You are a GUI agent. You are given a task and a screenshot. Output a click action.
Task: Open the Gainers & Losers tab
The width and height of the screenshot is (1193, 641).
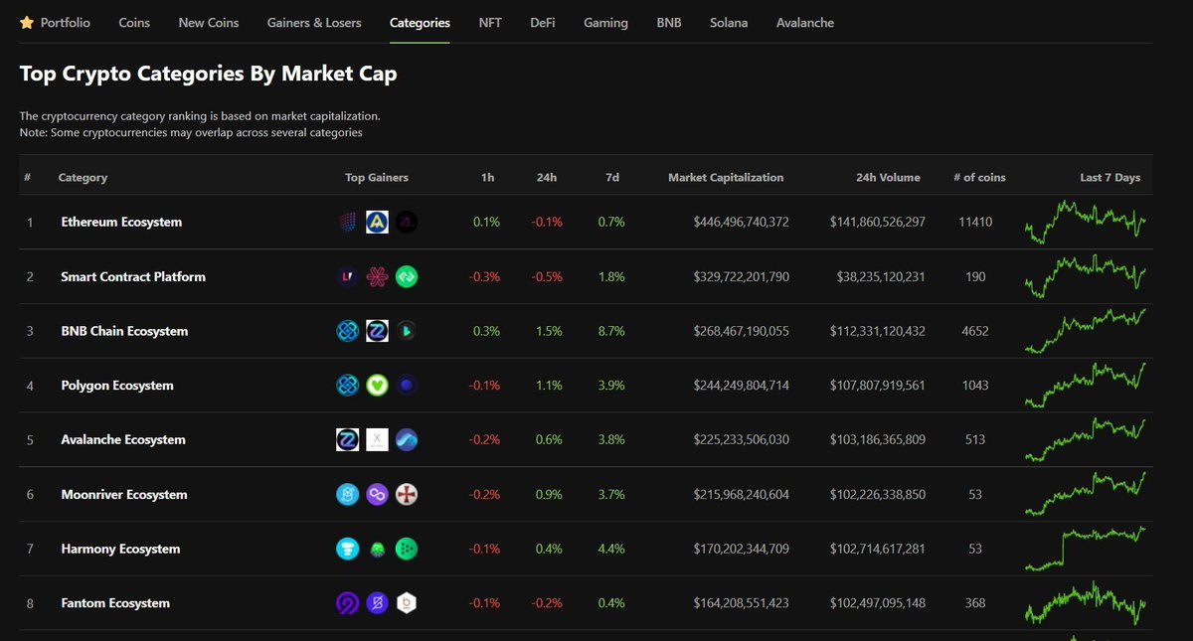coord(314,22)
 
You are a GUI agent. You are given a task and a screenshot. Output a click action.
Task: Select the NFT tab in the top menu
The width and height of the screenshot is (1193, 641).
coord(490,22)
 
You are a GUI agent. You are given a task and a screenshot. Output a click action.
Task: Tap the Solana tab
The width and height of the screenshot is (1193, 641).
coord(729,22)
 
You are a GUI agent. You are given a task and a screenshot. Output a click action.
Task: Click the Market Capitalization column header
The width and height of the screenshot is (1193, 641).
coord(726,178)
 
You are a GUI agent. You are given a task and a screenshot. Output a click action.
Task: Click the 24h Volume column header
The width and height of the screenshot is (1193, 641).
coord(888,178)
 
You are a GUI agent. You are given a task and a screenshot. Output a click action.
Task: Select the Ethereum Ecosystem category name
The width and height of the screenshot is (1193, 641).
coord(121,222)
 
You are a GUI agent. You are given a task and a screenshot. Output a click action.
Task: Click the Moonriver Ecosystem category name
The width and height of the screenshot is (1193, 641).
coord(123,494)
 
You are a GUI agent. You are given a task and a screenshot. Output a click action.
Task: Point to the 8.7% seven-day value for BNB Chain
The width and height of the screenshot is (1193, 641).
coord(611,331)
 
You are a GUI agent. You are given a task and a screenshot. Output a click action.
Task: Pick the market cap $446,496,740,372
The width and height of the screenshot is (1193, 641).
coord(741,222)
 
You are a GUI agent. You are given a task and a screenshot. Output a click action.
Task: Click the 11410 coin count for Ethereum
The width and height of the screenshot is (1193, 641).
coord(974,222)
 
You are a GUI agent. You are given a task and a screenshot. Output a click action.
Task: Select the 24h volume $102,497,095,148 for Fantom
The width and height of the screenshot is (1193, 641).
coord(877,603)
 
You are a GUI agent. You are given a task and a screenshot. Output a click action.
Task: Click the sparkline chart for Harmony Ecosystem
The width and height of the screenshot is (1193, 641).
coord(1085,549)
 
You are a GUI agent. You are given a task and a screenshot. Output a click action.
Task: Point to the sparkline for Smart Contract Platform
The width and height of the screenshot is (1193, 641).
coord(1085,276)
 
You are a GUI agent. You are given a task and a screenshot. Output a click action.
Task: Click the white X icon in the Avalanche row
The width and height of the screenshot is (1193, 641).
coord(377,439)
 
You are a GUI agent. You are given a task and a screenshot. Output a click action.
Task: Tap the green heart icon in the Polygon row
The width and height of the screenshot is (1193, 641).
coord(377,386)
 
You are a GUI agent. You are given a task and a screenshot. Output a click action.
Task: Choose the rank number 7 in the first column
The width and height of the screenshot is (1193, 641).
coord(30,549)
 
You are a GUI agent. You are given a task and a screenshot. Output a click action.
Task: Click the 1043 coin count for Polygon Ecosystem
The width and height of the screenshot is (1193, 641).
coord(975,386)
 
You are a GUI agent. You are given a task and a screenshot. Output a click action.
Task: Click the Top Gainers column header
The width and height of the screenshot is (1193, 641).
coord(377,178)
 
